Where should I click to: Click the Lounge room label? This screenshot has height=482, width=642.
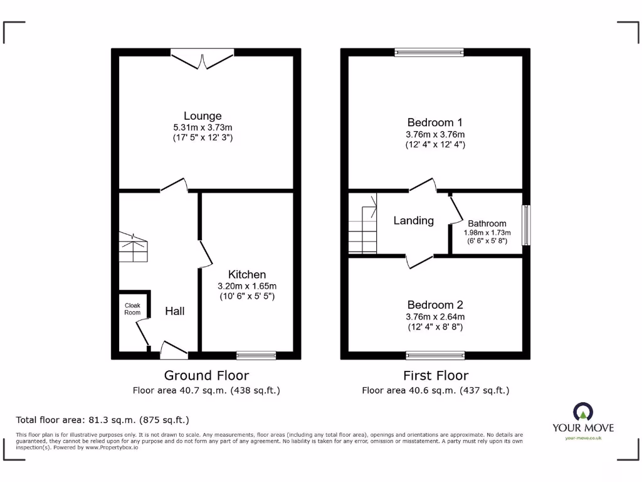pos(203,116)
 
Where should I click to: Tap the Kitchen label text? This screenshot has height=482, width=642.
pos(247,274)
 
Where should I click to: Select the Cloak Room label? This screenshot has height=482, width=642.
pos(132,309)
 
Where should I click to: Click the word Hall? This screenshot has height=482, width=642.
pos(175,311)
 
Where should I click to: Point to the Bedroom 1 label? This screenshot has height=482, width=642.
pos(435,122)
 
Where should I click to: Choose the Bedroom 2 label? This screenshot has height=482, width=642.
pos(435,305)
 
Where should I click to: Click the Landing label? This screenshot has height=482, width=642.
pos(413,221)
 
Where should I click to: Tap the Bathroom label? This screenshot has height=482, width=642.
pos(487,223)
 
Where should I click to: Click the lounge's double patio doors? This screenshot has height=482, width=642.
pos(203,59)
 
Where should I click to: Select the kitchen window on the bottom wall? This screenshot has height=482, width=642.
pos(256,355)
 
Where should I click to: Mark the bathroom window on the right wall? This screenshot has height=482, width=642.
pos(526,225)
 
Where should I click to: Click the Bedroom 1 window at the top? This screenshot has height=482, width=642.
pos(429,53)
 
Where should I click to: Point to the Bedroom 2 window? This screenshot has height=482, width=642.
pos(435,355)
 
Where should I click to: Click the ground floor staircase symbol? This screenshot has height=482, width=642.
pos(134,247)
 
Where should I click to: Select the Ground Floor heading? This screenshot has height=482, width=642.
pos(206,376)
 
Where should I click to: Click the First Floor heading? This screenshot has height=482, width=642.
pos(435,376)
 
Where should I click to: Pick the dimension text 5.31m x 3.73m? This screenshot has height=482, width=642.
pos(203,127)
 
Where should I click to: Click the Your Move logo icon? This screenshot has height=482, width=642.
pos(583,412)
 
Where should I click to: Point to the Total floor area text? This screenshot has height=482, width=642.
pos(102,420)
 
